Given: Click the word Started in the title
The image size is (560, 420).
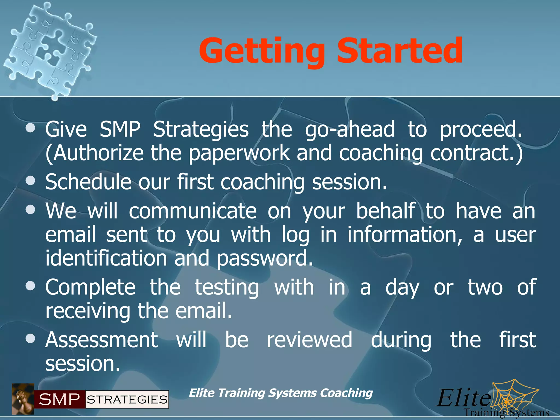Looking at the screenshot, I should click(399, 51).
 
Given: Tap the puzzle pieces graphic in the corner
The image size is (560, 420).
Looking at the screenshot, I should click(49, 49).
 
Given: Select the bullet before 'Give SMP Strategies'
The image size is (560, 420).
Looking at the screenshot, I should click(30, 129).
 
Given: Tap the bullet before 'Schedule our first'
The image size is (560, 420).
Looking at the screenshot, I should click(30, 181).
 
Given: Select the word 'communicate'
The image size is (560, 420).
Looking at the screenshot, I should click(192, 211).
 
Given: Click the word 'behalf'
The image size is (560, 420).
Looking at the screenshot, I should click(386, 211).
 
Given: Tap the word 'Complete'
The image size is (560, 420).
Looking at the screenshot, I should click(90, 287).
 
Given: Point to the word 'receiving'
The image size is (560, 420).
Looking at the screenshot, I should click(87, 311).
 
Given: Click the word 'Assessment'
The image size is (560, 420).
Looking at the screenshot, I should click(101, 340).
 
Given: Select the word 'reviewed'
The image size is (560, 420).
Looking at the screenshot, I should click(309, 340).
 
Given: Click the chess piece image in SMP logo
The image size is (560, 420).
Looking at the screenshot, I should click(23, 399).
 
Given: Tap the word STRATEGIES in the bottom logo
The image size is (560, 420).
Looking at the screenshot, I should click(127, 399).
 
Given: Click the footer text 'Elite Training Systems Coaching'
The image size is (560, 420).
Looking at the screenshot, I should click(281, 393).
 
